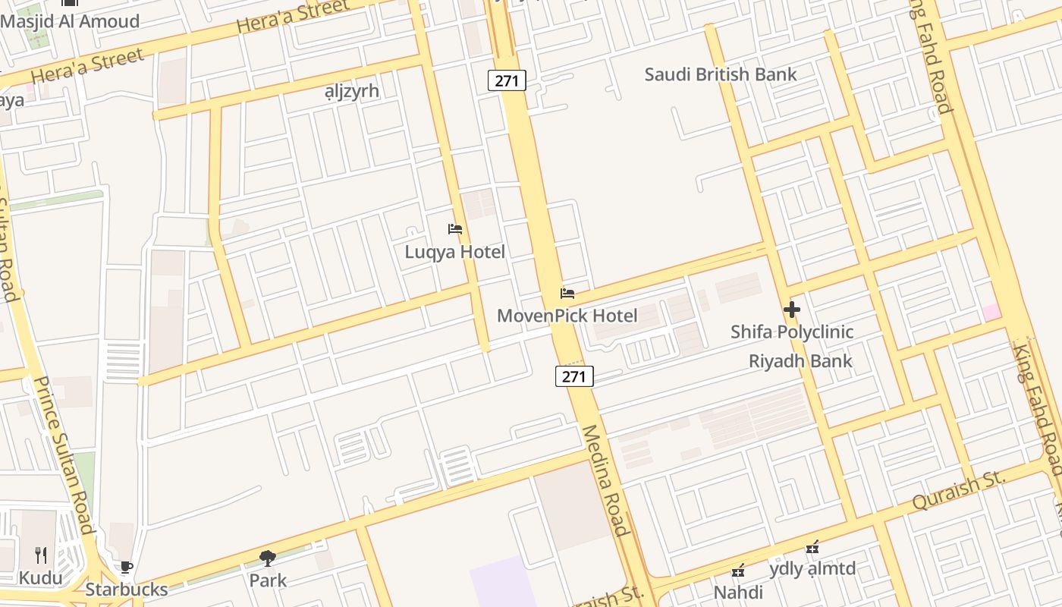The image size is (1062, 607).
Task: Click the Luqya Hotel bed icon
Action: (455, 229)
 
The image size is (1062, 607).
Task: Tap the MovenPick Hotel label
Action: (567, 316)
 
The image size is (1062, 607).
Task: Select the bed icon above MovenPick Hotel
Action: (567, 294)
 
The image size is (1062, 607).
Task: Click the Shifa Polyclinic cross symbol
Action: (792, 310)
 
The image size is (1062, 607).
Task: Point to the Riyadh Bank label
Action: (800, 361)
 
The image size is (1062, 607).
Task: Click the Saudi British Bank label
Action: (720, 74)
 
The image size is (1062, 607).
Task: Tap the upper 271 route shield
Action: (507, 80)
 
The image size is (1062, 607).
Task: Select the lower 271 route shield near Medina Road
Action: (574, 376)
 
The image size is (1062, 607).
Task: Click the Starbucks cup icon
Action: (127, 567)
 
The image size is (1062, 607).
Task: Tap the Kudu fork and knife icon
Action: (41, 555)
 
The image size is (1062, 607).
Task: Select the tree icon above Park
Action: (268, 559)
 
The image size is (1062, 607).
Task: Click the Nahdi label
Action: (738, 592)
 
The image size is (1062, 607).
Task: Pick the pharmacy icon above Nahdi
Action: (738, 571)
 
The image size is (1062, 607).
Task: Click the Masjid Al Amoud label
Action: (70, 21)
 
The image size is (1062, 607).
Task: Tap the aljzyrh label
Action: (351, 91)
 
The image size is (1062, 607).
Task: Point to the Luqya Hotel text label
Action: (454, 252)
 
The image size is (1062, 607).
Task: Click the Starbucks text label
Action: (126, 590)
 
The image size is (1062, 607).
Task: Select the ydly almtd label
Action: (812, 569)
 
